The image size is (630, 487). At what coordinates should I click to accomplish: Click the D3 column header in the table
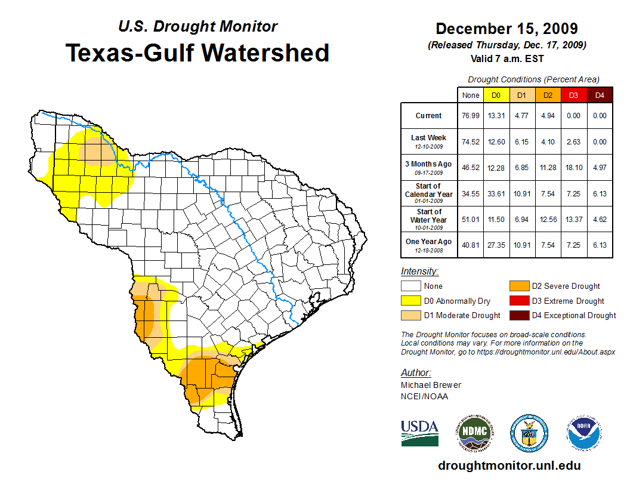pyautogui.click(x=573, y=95)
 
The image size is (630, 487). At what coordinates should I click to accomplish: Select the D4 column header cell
pyautogui.click(x=600, y=95)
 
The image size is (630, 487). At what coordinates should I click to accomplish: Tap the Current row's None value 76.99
pyautogui.click(x=470, y=116)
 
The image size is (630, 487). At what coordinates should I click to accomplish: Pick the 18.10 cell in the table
pyautogui.click(x=573, y=167)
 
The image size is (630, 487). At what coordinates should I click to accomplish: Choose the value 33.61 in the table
pyautogui.click(x=496, y=193)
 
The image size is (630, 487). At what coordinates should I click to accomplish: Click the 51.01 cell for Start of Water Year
pyautogui.click(x=470, y=219)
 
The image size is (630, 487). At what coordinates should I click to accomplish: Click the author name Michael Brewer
pyautogui.click(x=431, y=385)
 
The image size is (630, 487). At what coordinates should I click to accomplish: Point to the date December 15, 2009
pyautogui.click(x=507, y=29)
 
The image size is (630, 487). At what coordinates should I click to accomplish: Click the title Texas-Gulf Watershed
pyautogui.click(x=197, y=53)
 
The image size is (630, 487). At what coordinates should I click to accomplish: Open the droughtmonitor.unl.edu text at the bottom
pyautogui.click(x=509, y=466)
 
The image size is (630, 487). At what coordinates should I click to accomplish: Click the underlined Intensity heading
pyautogui.click(x=419, y=272)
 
